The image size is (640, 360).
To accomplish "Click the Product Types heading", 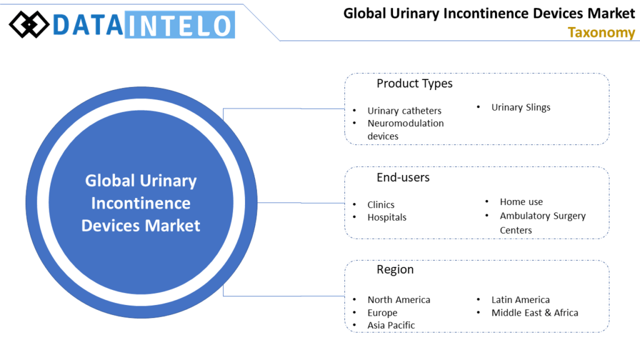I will tap(414, 83).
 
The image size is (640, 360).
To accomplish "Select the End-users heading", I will tap(403, 177).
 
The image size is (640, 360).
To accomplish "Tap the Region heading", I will tap(395, 269).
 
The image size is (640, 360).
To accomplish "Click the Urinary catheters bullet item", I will tap(404, 111).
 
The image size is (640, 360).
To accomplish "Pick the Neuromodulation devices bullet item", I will tap(406, 129).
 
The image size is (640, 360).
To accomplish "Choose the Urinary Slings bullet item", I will tap(521, 107).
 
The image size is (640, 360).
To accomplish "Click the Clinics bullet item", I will tap(381, 204).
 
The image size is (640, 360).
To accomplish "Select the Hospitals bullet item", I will tap(387, 217).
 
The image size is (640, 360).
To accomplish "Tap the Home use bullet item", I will tap(521, 202).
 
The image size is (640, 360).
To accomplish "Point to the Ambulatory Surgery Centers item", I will tap(542, 222).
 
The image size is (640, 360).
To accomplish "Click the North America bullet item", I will tap(399, 300).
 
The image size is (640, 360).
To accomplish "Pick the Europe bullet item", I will tap(382, 312).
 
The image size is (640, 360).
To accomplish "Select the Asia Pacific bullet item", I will tap(391, 325).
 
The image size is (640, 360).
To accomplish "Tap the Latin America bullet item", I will tap(521, 300).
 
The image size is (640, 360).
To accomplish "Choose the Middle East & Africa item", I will tap(535, 312).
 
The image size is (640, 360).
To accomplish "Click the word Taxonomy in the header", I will tap(601, 32).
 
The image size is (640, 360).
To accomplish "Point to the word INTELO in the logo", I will tap(179, 25).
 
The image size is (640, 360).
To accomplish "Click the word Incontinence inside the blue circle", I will tap(141, 203).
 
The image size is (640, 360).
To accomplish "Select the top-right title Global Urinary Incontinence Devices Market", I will tap(489, 14).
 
